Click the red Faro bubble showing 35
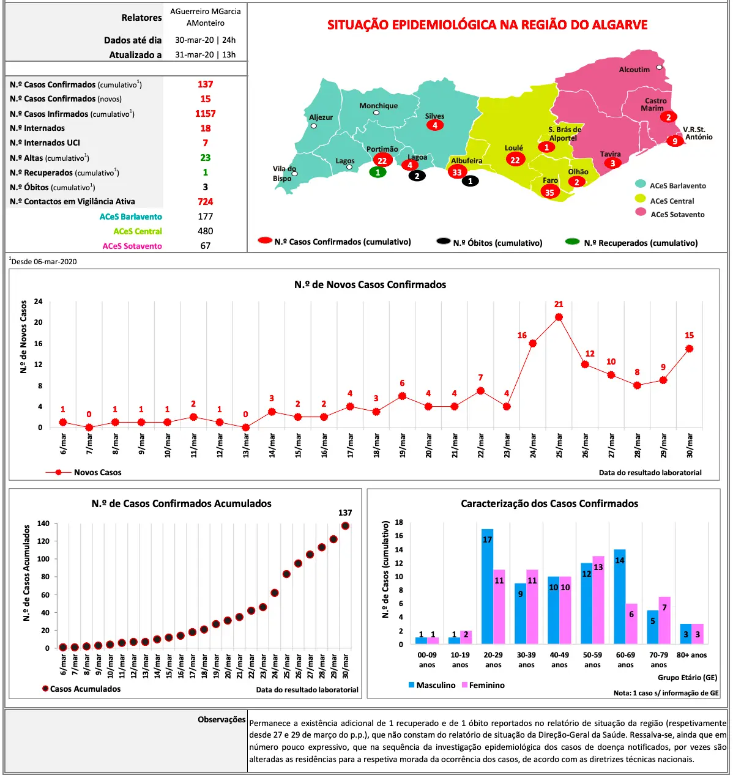[x=549, y=192]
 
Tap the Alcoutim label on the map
[x=634, y=70]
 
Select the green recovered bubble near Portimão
[x=378, y=172]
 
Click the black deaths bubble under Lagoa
[x=417, y=176]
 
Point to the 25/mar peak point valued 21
[x=559, y=317]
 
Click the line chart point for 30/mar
[x=690, y=349]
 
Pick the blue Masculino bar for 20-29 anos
[x=487, y=586]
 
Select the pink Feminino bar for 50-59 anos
[x=598, y=600]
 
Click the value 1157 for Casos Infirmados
[x=205, y=114]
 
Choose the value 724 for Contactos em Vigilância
[x=205, y=202]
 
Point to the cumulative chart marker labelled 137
[x=345, y=525]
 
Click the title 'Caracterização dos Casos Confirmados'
[x=549, y=504]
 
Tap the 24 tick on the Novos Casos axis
[x=38, y=302]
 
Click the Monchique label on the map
[x=378, y=106]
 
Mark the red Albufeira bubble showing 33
[x=457, y=172]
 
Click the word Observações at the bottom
[x=221, y=720]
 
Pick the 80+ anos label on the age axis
[x=691, y=655]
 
